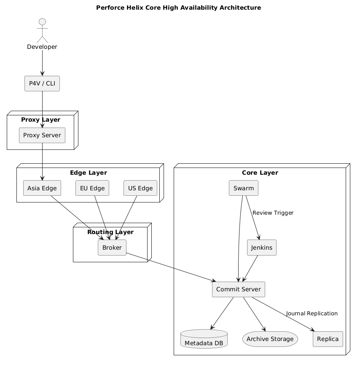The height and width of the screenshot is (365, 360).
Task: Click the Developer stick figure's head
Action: pos(42,22)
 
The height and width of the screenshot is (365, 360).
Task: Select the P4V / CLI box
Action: pos(42,83)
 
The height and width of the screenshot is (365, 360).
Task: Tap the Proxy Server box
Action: pos(42,135)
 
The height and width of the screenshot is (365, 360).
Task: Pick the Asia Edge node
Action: pos(42,188)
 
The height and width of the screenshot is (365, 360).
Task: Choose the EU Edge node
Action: pos(92,188)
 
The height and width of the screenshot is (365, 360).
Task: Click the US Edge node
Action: pos(140,188)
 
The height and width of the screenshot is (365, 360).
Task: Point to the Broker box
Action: pos(112,248)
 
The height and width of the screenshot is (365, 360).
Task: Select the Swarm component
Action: pos(244,188)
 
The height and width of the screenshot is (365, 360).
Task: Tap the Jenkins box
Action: pos(262,248)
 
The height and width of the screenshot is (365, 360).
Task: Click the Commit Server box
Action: pos(239,289)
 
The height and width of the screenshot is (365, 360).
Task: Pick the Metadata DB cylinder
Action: pos(204,339)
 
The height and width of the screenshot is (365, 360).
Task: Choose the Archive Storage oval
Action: pos(270,339)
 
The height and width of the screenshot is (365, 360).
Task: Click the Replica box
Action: pos(328,339)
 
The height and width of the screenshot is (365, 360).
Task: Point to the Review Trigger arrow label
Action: pos(273,213)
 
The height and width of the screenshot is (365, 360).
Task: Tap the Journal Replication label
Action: pos(312,314)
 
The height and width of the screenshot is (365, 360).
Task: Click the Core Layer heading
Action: pos(260,173)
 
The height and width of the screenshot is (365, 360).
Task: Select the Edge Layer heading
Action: pos(89,173)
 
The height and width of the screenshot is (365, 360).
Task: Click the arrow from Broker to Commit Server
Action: pos(171,267)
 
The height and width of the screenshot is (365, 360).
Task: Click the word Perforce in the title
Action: pos(110,8)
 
